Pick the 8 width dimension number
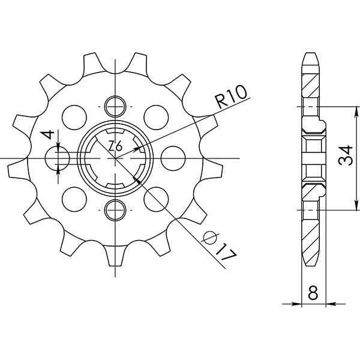[x=312, y=294]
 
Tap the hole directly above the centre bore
[x=115, y=107]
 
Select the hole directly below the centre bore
[x=115, y=209]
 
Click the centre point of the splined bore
[x=115, y=158]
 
